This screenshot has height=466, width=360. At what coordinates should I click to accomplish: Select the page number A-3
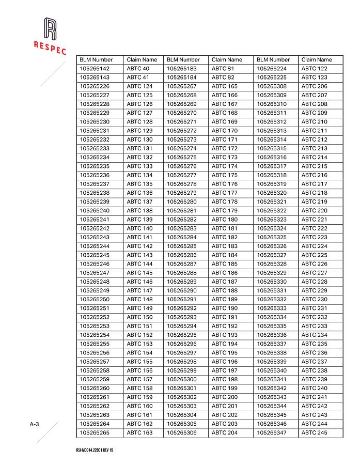point(35,424)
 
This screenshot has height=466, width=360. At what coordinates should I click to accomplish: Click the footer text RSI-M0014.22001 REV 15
point(94,451)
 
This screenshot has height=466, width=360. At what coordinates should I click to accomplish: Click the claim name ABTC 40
point(138,69)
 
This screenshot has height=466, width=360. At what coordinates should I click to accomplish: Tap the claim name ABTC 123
point(315,77)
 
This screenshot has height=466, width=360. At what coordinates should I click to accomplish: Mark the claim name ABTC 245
point(315,432)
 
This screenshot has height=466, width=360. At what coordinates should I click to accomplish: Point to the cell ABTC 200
point(225,397)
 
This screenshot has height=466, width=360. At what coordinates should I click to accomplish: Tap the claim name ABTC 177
point(225,193)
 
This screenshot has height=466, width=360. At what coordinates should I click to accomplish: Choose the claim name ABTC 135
point(140,184)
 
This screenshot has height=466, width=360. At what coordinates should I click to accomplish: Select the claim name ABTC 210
point(315,122)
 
